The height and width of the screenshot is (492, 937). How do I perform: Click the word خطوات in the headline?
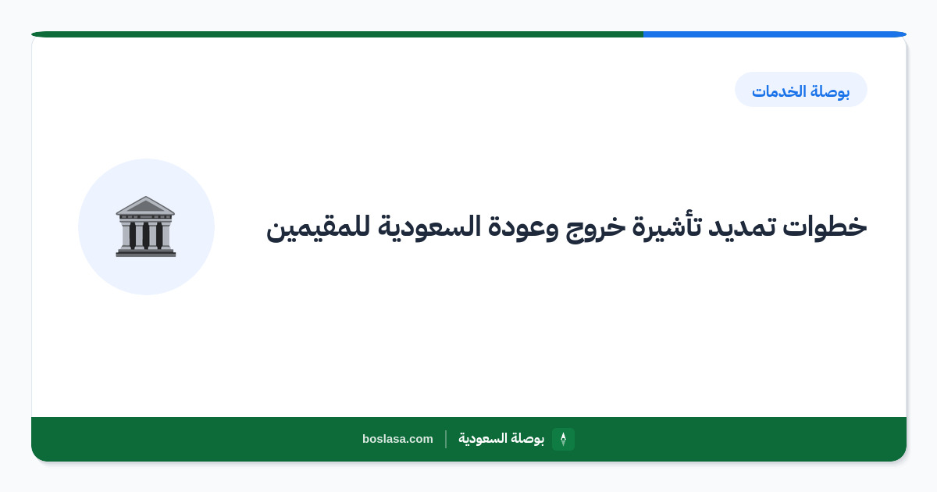click(825, 226)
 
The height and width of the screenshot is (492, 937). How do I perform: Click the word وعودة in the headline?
click(520, 228)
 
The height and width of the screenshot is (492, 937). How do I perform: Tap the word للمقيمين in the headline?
click(319, 228)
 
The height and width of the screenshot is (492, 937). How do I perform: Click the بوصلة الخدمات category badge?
click(801, 90)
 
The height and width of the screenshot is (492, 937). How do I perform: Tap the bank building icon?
click(145, 226)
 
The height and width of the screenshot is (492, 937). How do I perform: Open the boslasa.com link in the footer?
click(397, 439)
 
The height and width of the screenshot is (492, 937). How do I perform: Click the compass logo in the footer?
click(563, 439)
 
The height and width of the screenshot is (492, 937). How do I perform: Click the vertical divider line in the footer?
click(446, 439)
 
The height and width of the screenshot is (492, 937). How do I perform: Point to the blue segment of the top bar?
click(775, 34)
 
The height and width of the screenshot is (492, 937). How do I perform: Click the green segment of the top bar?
click(337, 34)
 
